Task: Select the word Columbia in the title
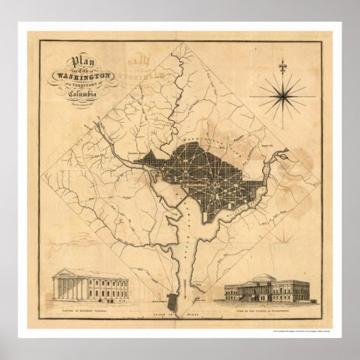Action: coord(84,93)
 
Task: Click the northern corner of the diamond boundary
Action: coord(181,43)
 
